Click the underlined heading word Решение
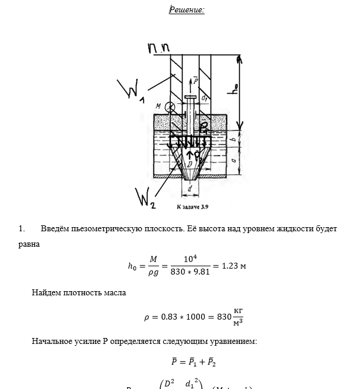click(187, 9)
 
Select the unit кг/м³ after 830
click(238, 317)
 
